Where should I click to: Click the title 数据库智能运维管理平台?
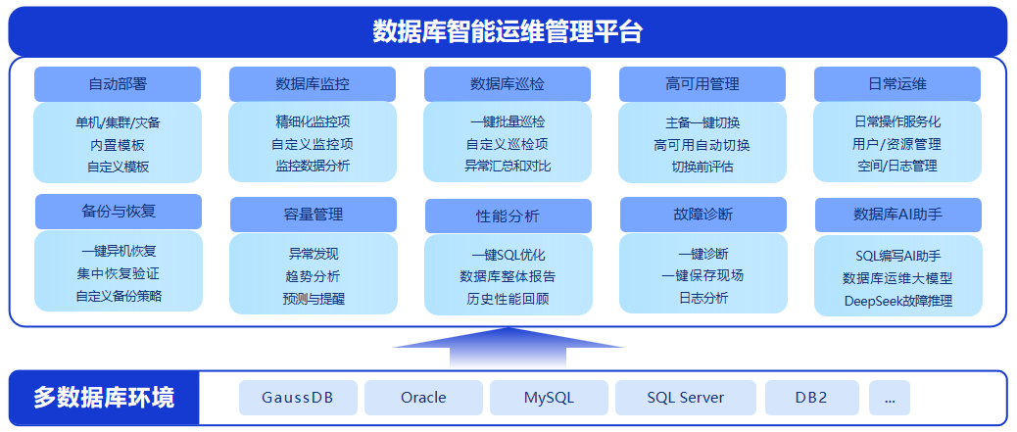click(x=508, y=31)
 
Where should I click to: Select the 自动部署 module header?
click(x=118, y=84)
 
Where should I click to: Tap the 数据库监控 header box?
click(x=313, y=84)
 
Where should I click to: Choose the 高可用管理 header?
click(x=702, y=84)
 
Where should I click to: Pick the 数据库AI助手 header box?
click(x=897, y=215)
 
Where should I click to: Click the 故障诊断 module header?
click(x=702, y=215)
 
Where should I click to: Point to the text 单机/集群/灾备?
click(x=118, y=122)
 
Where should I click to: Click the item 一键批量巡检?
click(x=508, y=122)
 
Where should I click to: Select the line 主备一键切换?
click(x=702, y=122)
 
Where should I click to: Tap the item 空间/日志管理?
click(x=897, y=166)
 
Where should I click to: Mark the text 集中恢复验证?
click(x=118, y=273)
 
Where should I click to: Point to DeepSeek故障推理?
click(x=897, y=301)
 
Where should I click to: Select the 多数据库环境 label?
click(x=104, y=398)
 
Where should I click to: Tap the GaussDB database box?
click(x=298, y=398)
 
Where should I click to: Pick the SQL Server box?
click(x=685, y=398)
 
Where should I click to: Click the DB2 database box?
click(x=811, y=398)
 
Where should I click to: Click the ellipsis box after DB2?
click(x=889, y=398)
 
